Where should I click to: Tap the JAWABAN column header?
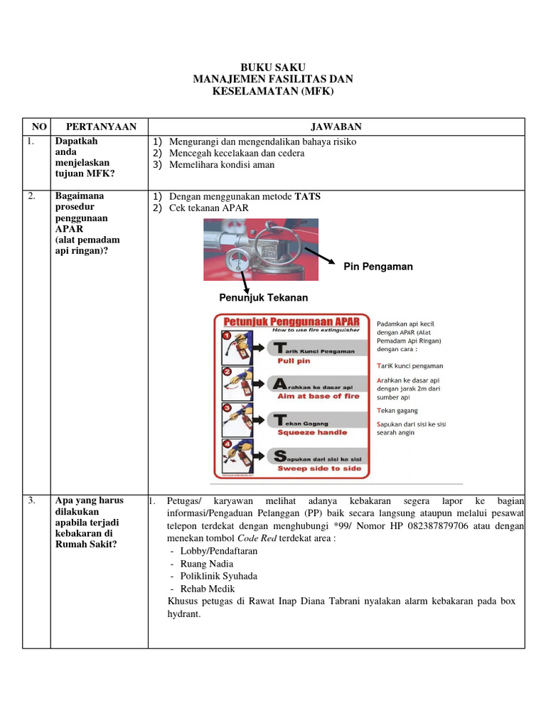(x=336, y=127)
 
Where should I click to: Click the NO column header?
(x=38, y=127)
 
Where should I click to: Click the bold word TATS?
(x=308, y=196)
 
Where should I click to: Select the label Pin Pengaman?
(x=378, y=267)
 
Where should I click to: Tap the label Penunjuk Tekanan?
(x=263, y=298)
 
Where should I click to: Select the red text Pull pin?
(x=294, y=360)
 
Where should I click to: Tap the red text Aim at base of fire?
(x=318, y=396)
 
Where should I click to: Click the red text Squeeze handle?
(x=312, y=432)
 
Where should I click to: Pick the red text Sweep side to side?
(x=319, y=469)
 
